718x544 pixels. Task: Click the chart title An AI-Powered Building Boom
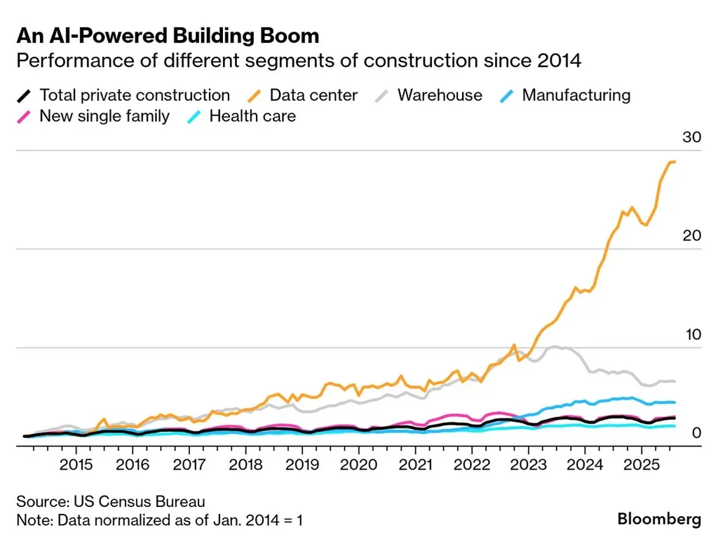click(x=168, y=36)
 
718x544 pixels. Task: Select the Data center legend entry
click(x=313, y=95)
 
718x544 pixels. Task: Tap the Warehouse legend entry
click(x=440, y=95)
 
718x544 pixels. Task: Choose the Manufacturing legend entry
click(x=576, y=95)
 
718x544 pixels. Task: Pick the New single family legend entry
click(x=104, y=116)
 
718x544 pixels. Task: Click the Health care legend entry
click(x=252, y=116)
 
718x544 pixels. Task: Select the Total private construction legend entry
click(x=134, y=95)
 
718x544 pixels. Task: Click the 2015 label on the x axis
click(x=76, y=464)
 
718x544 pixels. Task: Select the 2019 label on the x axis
click(x=302, y=464)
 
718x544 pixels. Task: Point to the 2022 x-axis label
click(x=472, y=464)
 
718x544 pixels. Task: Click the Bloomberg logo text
click(x=659, y=519)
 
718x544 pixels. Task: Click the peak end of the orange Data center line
click(x=673, y=162)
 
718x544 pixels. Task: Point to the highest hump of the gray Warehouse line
click(x=555, y=346)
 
